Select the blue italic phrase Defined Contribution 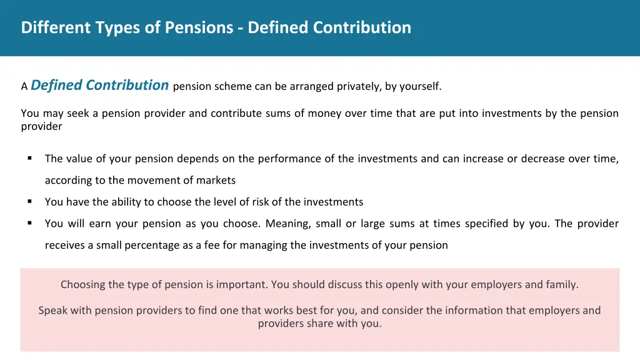pyautogui.click(x=100, y=85)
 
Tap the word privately pyautogui.click(x=359, y=87)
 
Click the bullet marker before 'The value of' pyautogui.click(x=29, y=158)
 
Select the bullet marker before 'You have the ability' pyautogui.click(x=29, y=201)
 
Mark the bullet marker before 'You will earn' pyautogui.click(x=29, y=223)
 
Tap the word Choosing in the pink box pyautogui.click(x=82, y=284)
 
